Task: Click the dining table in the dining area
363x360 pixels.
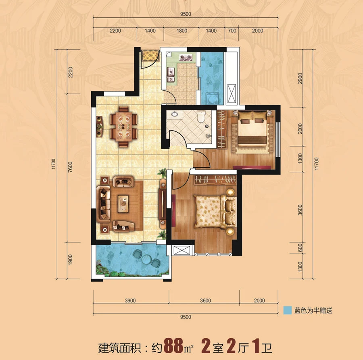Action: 124,127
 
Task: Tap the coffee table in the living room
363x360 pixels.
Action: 123,204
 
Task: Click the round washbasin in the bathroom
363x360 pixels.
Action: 175,114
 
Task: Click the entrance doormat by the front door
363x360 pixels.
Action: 150,56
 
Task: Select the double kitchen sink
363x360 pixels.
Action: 171,75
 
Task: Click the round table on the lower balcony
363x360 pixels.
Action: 146,259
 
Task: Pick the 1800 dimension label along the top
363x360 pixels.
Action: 182,31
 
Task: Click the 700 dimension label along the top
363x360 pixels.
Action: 232,31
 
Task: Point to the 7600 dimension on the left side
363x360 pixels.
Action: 70,167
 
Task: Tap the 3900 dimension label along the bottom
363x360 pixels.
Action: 130,301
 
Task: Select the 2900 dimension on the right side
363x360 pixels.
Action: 300,79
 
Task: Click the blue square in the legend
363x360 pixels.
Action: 287,310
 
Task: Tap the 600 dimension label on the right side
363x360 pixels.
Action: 300,248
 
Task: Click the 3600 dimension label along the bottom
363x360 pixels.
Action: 205,301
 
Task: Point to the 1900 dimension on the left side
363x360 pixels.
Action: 70,260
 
